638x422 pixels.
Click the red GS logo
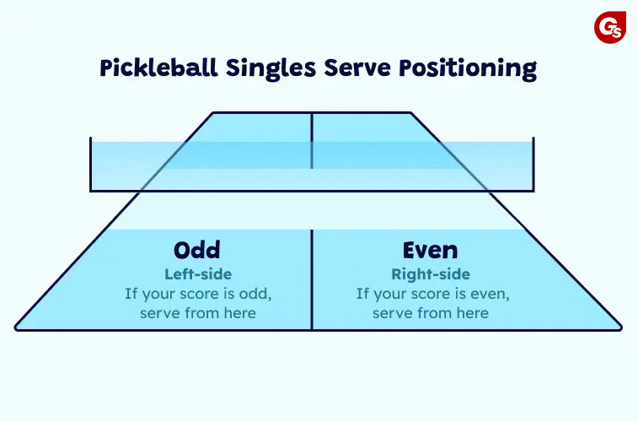point(609,27)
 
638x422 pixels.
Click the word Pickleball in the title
point(159,68)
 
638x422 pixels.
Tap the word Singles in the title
point(271,68)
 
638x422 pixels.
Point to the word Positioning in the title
point(468,68)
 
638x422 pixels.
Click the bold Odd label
point(197,250)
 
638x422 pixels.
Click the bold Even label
point(430,250)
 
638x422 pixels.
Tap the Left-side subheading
point(198,274)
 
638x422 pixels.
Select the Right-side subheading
point(431,274)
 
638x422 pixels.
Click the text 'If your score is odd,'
point(198,294)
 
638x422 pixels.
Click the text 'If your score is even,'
point(433,294)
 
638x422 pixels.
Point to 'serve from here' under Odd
point(198,313)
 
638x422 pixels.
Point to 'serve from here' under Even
point(431,313)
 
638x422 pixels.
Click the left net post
point(90,164)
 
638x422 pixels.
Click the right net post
point(533,164)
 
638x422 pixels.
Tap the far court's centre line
point(312,140)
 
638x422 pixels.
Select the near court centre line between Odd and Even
point(312,279)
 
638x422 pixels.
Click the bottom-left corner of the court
point(15,328)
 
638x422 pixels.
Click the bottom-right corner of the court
point(621,327)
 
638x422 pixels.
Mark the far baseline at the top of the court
point(312,112)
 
